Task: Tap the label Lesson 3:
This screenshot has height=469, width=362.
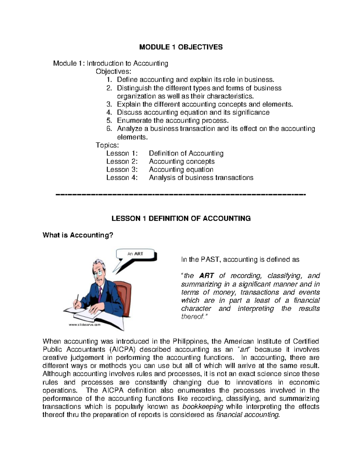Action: (122, 170)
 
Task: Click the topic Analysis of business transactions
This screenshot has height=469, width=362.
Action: (201, 178)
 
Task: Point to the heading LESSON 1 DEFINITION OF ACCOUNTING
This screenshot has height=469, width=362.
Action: (181, 219)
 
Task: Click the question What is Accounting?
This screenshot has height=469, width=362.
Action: (78, 235)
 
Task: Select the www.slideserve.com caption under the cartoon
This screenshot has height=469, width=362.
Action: (84, 325)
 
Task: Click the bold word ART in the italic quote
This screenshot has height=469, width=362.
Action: (207, 276)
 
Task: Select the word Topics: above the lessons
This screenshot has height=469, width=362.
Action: (107, 145)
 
